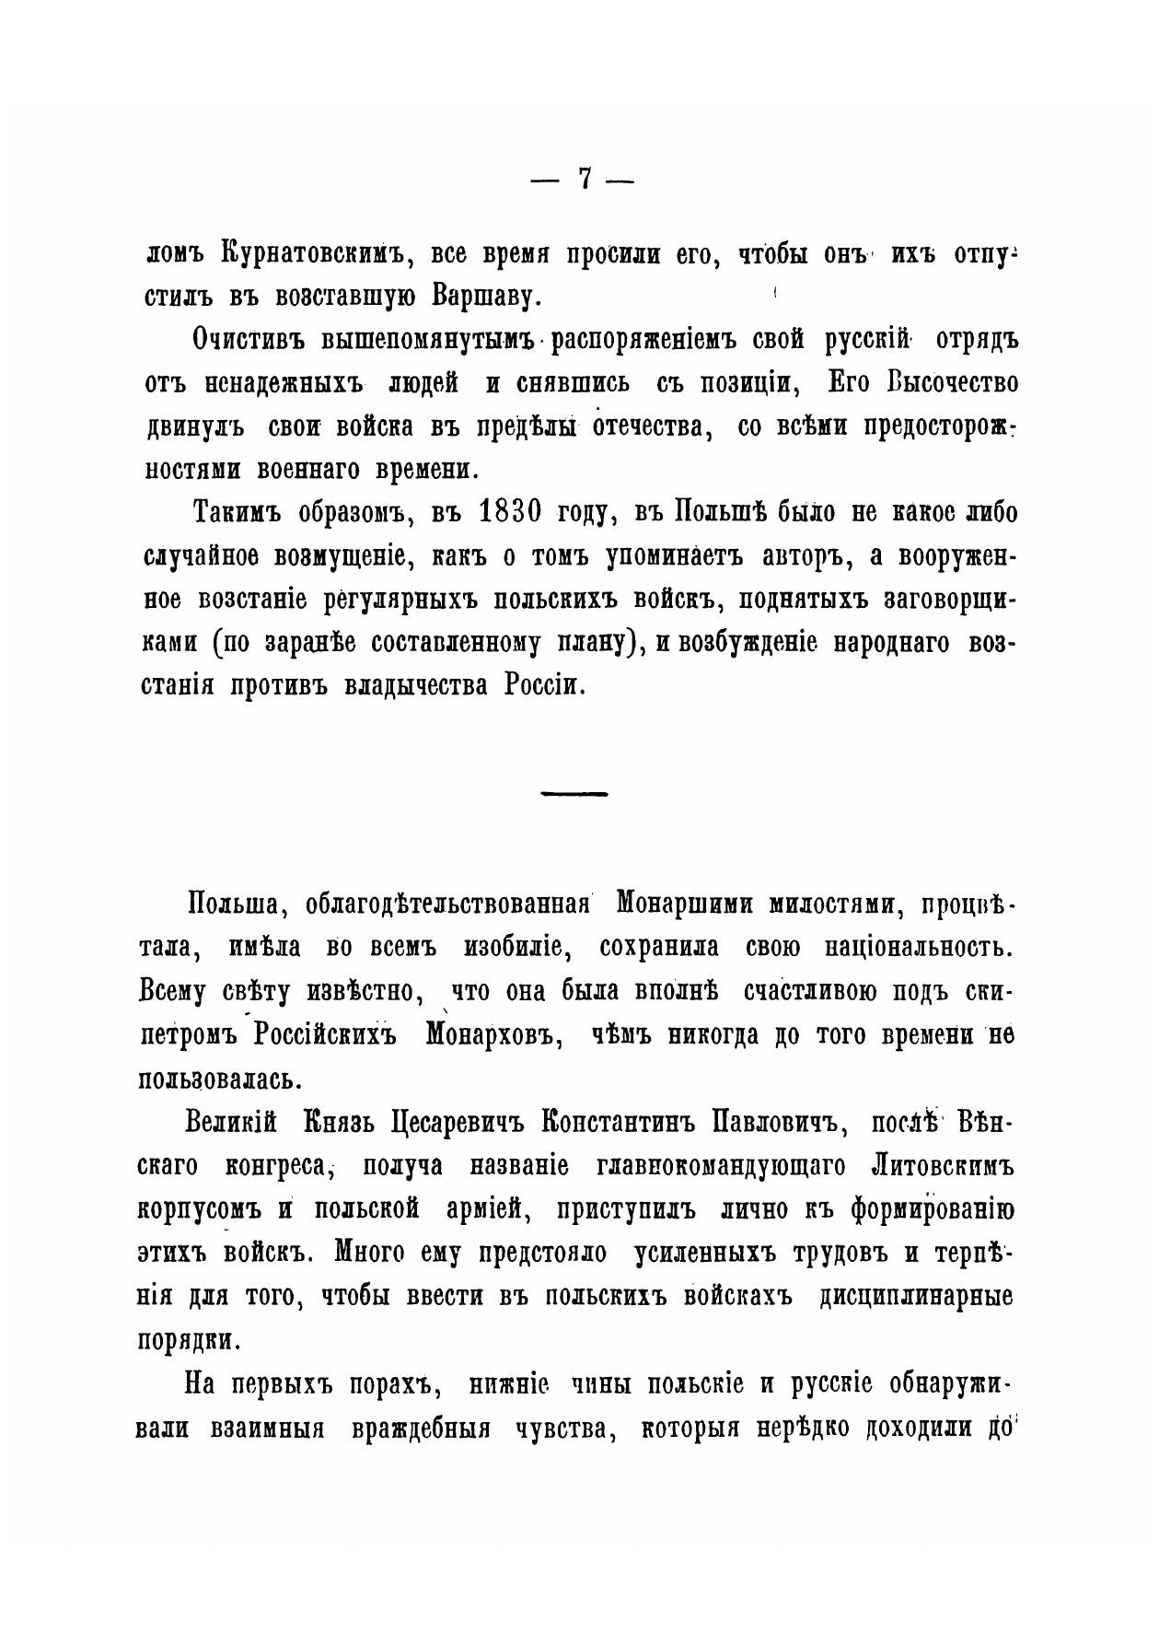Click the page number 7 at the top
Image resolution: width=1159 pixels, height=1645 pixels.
(x=583, y=179)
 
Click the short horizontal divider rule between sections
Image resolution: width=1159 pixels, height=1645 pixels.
(x=574, y=792)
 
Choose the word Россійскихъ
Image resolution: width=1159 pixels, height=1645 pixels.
(x=322, y=1035)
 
